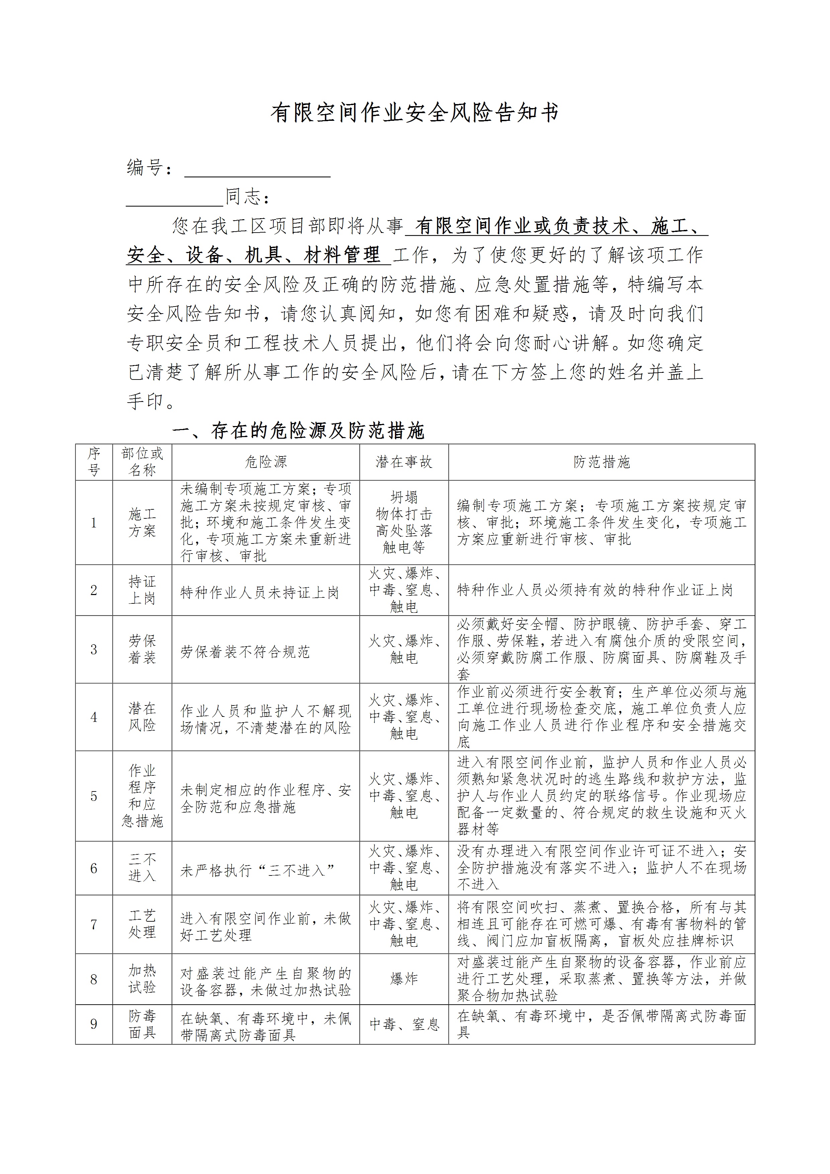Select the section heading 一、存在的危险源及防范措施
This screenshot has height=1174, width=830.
(x=298, y=430)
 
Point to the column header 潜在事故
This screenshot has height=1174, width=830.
(x=404, y=462)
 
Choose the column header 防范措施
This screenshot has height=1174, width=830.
(x=601, y=462)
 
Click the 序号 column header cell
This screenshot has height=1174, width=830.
(x=94, y=462)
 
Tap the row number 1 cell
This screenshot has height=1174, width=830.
(x=94, y=522)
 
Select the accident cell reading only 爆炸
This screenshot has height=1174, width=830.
(x=404, y=979)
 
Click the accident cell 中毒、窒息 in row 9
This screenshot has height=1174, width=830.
(x=404, y=1024)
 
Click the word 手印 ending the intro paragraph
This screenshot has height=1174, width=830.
(x=145, y=401)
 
